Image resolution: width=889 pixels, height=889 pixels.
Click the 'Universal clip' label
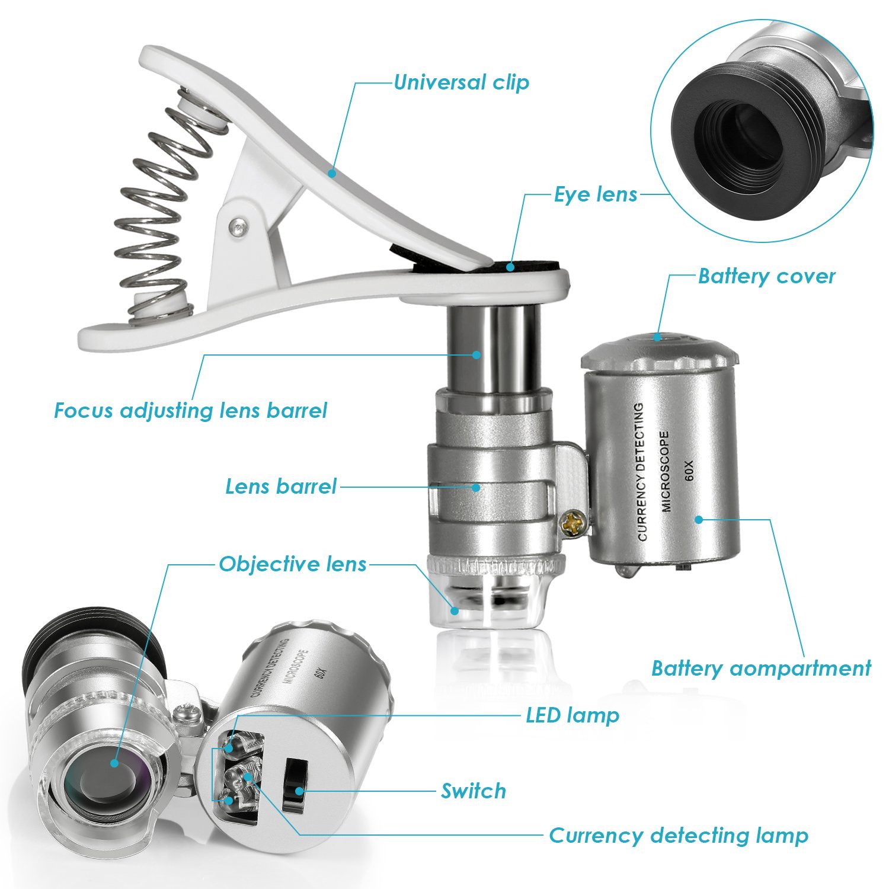(x=461, y=82)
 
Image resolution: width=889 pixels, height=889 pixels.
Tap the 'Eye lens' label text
(x=596, y=194)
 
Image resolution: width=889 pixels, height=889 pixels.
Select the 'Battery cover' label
(x=766, y=276)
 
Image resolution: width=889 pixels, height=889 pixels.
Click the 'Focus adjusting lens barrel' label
(x=190, y=411)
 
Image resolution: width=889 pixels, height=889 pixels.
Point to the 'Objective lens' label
(x=293, y=564)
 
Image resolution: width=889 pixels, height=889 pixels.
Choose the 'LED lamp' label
(x=573, y=715)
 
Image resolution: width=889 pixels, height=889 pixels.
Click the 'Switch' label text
(x=474, y=791)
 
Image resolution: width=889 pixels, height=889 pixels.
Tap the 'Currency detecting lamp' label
(x=679, y=836)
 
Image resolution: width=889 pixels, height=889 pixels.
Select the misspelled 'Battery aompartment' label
(x=761, y=669)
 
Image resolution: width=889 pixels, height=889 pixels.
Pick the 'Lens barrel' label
(x=281, y=487)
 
